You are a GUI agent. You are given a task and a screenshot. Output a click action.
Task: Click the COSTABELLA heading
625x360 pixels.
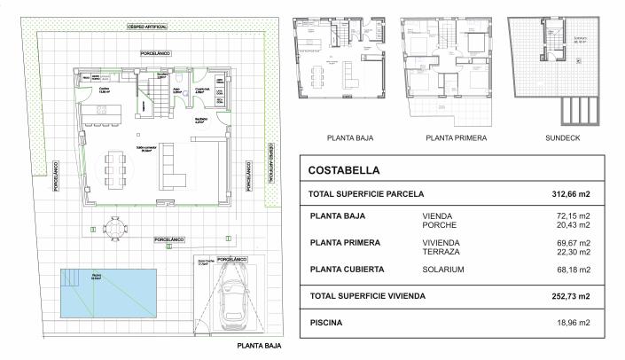click(345, 170)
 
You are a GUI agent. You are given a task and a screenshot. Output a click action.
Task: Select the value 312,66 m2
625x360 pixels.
click(572, 194)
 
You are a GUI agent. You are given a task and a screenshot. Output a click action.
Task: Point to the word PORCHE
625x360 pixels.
click(441, 225)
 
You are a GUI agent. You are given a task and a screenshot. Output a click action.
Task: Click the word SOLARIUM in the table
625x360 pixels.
click(446, 270)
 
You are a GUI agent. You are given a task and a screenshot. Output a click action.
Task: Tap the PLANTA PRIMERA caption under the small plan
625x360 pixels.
click(455, 137)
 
